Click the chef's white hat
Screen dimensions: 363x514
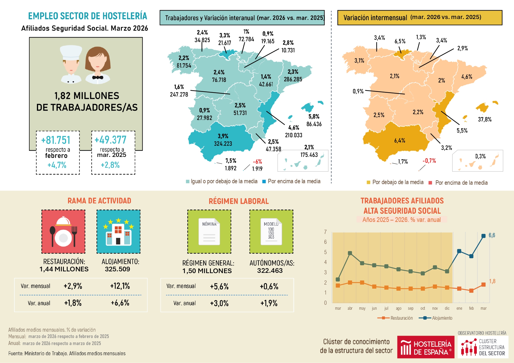click(x=71, y=53)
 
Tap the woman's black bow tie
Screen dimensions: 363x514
click(x=98, y=78)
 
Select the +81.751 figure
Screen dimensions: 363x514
click(x=56, y=140)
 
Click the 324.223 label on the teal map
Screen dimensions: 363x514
click(x=223, y=144)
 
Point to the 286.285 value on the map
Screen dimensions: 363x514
click(x=293, y=79)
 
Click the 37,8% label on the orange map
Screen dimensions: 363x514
click(x=485, y=119)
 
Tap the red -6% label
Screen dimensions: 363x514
click(x=257, y=162)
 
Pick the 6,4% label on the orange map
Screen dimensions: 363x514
click(x=399, y=141)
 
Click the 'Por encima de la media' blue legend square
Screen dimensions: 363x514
click(x=264, y=181)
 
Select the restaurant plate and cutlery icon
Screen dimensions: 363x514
click(x=63, y=232)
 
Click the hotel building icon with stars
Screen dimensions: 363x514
click(x=118, y=232)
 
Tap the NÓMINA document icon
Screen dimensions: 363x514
click(x=209, y=232)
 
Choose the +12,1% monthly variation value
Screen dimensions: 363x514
click(x=120, y=286)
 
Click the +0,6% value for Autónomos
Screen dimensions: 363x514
click(x=269, y=286)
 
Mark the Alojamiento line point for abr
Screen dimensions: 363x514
click(x=350, y=253)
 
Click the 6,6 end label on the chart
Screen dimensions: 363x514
click(x=492, y=235)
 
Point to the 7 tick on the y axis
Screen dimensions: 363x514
click(x=325, y=232)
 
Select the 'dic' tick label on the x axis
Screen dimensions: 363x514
click(x=447, y=308)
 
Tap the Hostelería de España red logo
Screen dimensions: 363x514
click(x=426, y=347)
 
